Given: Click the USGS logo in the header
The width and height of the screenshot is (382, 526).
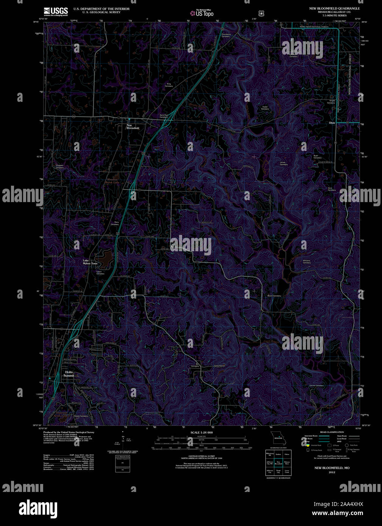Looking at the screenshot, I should click(x=56, y=11).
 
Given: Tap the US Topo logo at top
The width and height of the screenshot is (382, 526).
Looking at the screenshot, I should click(x=202, y=13).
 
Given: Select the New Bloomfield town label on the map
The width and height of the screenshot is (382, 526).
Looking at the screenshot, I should click(x=133, y=127).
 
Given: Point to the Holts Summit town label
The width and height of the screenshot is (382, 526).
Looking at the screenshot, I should click(x=69, y=374).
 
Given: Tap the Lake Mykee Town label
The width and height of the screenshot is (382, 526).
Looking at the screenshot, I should click(x=90, y=262).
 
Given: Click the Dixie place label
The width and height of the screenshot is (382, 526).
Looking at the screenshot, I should click(x=332, y=123).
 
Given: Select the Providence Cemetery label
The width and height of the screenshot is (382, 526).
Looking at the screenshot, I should click(x=226, y=35).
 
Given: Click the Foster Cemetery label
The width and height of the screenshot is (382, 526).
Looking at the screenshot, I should click(x=265, y=108).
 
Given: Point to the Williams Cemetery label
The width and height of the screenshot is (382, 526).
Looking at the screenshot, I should click(x=307, y=261).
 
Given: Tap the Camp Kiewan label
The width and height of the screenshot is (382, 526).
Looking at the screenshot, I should click(x=219, y=366).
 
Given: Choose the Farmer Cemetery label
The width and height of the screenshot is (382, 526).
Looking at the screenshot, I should click(x=317, y=386).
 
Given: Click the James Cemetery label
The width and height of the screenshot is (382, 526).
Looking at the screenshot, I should click(x=283, y=163).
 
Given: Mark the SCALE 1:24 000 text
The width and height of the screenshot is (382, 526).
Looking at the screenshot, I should click(x=201, y=432).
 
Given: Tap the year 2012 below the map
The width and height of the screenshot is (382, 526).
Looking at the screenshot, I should click(x=332, y=472).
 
